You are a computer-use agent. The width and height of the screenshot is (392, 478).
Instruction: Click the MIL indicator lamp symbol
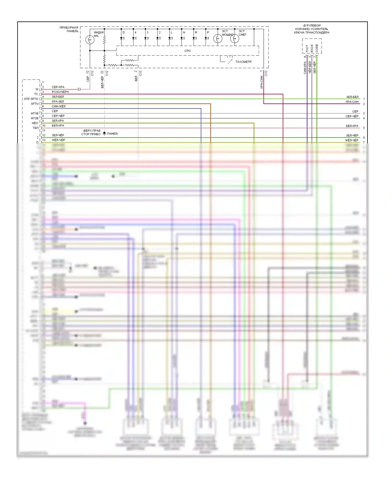[90, 40]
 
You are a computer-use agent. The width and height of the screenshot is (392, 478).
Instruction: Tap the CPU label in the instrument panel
[187, 51]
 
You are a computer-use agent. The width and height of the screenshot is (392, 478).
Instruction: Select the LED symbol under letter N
[182, 38]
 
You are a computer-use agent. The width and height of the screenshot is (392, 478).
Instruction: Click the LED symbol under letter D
[122, 38]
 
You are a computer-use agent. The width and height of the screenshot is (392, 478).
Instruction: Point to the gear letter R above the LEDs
[196, 32]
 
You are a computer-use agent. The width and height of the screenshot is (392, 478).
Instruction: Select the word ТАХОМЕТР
[243, 62]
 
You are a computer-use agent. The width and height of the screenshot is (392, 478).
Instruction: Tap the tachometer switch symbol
[230, 61]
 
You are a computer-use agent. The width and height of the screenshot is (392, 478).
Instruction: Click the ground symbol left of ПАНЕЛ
[104, 134]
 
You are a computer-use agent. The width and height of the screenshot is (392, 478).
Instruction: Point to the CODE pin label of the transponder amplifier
[317, 48]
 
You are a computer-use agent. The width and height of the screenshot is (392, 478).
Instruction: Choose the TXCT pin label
[307, 48]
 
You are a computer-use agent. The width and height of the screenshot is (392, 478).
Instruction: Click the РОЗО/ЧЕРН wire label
[60, 92]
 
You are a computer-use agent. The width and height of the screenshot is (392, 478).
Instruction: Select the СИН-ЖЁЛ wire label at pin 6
[59, 106]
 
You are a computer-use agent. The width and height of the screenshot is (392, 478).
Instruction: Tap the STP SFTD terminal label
[31, 99]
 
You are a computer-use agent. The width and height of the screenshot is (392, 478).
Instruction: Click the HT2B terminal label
[34, 118]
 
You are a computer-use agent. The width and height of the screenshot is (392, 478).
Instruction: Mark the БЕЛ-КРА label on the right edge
[352, 126]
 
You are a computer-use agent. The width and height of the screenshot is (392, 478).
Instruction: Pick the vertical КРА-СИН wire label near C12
[261, 82]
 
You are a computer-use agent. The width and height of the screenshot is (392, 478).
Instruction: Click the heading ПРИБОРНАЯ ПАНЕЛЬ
[69, 29]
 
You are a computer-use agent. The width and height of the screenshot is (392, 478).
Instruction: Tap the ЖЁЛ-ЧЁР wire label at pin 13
[58, 140]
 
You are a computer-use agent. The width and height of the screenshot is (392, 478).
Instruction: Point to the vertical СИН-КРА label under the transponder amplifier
[305, 68]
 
